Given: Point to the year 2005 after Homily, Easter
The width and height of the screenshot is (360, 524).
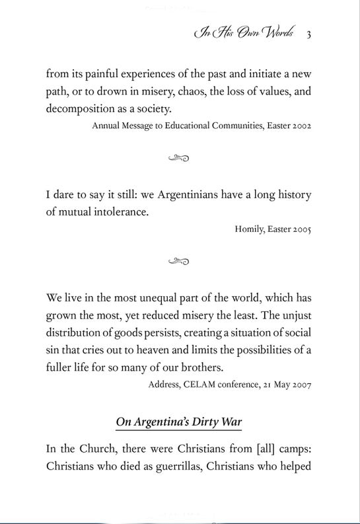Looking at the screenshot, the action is (x=301, y=229).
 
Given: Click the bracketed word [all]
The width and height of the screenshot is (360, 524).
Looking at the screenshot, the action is (x=256, y=449).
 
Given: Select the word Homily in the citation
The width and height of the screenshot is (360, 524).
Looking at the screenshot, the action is (x=248, y=229).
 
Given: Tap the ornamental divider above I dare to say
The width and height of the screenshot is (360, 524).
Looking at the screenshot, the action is (x=179, y=158).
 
